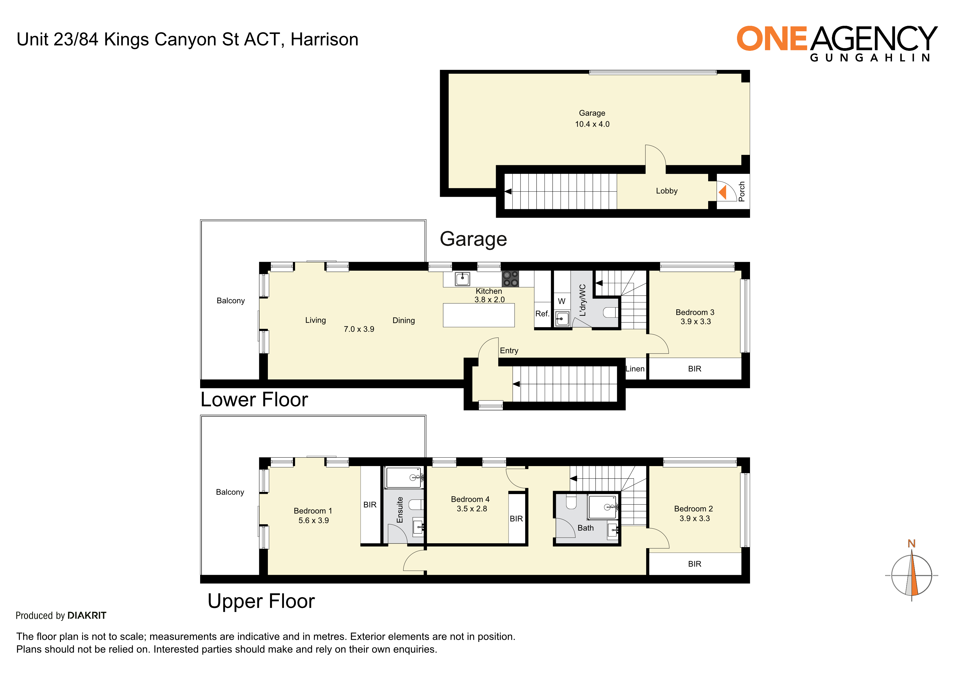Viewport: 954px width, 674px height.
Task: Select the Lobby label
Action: point(667,191)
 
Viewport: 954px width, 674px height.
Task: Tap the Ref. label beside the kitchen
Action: point(542,314)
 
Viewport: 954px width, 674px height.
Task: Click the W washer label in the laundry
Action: point(562,301)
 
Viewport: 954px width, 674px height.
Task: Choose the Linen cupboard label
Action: point(635,369)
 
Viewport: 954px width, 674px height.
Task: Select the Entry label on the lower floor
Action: point(509,351)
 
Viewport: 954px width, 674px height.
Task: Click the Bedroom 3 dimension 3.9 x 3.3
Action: point(696,322)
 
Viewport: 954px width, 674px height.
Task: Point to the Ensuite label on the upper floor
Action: point(400,510)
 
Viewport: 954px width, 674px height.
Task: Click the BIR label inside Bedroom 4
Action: point(516,519)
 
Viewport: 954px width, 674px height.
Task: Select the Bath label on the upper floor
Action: point(586,528)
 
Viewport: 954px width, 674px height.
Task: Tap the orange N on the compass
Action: point(912,544)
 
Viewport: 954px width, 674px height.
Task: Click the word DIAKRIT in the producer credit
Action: point(87,616)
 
